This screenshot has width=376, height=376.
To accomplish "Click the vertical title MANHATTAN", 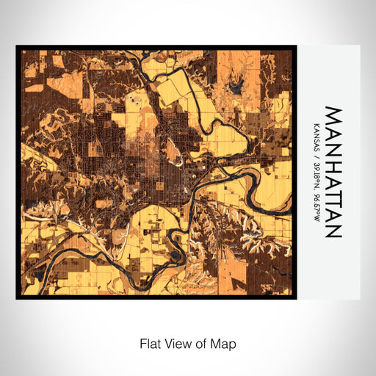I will click(333, 173).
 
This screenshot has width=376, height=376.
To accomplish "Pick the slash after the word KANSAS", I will click(316, 151).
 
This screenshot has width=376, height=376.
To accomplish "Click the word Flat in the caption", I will click(151, 343).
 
